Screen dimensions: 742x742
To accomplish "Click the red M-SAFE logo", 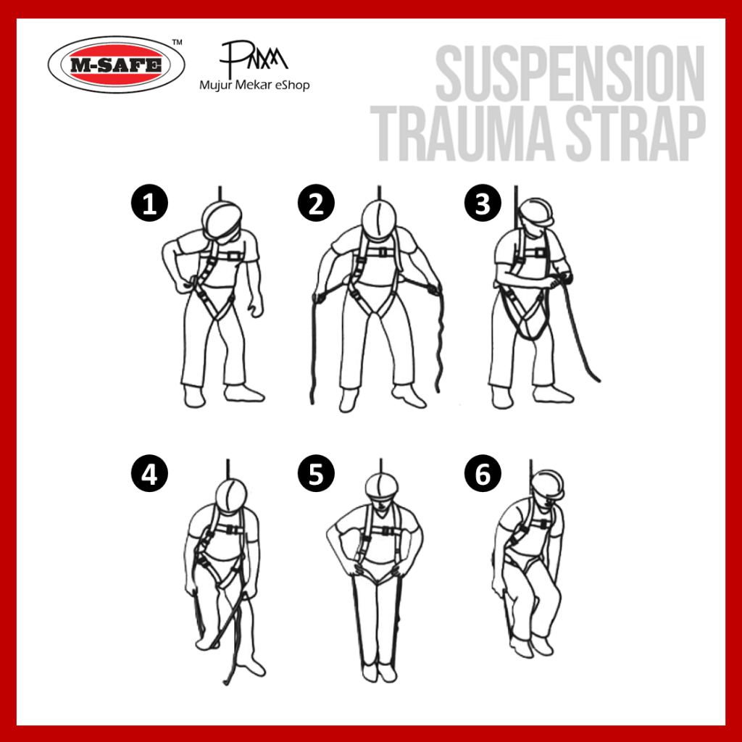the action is pos(117,64).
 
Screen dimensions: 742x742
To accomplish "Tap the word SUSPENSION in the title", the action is pos(570,73).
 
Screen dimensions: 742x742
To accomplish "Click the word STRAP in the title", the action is pos(636,134).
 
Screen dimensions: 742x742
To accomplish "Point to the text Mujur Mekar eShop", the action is pos(254,86).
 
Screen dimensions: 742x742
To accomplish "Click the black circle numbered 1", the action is pos(149,203).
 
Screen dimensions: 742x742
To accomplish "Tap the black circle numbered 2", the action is pos(316,203).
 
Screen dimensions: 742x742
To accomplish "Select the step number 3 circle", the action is pos(483,203).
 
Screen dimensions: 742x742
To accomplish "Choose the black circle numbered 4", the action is pos(149,473).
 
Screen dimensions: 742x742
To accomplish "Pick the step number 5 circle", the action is pos(316,473).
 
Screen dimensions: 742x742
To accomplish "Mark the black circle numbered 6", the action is pos(483,473).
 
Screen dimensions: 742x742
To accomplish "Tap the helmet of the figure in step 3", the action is pos(537,212).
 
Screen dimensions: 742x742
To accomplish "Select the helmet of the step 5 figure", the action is pos(381,485).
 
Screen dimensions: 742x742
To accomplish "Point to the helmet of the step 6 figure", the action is pos(549,484).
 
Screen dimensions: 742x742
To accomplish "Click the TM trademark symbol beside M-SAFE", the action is pos(177,42).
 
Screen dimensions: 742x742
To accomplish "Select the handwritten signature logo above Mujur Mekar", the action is pos(254,57).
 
